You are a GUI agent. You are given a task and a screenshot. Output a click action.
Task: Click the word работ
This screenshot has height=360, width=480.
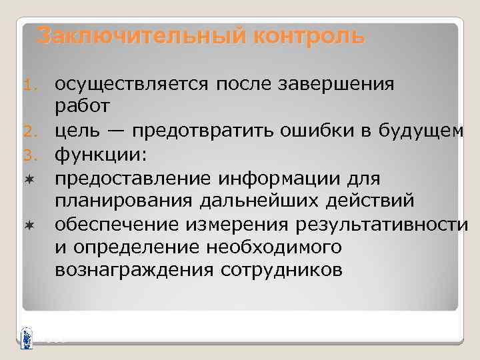click(x=82, y=106)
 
